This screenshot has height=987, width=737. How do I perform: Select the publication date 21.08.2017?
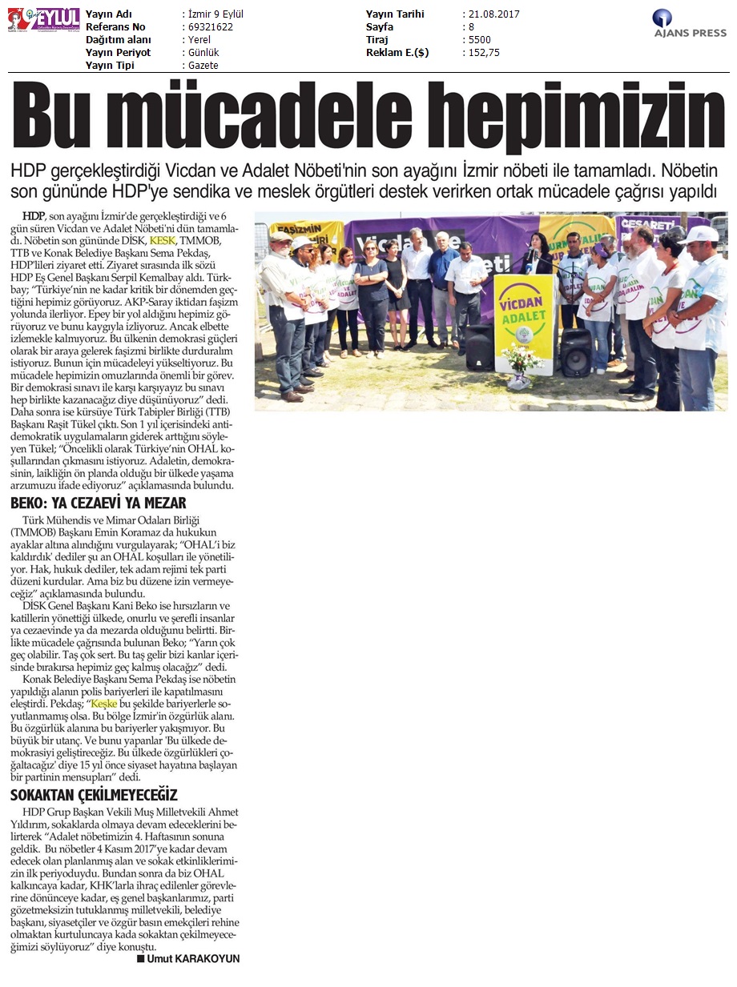(x=490, y=14)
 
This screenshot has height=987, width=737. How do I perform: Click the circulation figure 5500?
(x=478, y=40)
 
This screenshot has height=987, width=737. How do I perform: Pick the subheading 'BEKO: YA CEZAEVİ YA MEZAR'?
(x=99, y=504)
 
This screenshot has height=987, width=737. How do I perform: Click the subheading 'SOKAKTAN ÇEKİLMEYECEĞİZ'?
(x=94, y=795)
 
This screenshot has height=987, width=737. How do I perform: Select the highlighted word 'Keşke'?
(x=105, y=704)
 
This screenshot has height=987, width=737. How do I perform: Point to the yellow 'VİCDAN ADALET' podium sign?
(x=524, y=301)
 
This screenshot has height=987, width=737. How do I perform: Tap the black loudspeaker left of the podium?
(x=480, y=347)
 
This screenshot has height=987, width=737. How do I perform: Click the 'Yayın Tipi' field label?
(x=111, y=66)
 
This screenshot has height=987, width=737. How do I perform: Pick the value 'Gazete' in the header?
(x=200, y=66)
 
